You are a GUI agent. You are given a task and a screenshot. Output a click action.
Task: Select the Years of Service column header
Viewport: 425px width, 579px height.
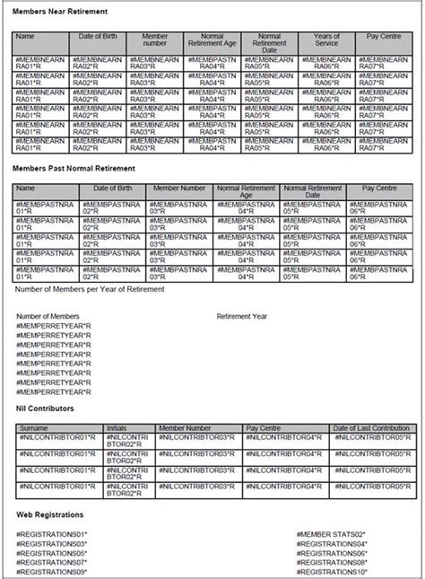pos(327,41)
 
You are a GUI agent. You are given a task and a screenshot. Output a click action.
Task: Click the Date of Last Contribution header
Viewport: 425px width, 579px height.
pos(369,428)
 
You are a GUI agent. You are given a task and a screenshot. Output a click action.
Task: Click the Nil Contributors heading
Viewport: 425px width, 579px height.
pos(45,408)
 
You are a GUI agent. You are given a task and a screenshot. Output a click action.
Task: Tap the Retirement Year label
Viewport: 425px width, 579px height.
pos(242,317)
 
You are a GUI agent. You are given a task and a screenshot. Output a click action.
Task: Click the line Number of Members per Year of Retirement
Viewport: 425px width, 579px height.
pos(91,289)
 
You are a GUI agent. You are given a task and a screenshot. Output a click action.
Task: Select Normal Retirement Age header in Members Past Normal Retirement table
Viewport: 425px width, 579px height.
pos(246,192)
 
